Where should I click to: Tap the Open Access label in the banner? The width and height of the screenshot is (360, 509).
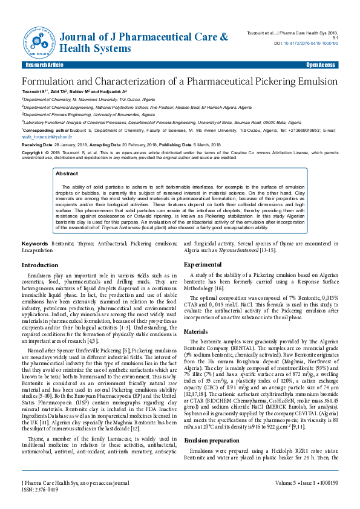tap(321, 65)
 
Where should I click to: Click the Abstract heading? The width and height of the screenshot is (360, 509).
tap(67, 173)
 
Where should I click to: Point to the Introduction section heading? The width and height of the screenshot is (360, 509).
tap(40, 265)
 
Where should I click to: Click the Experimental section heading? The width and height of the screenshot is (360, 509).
tap(203, 265)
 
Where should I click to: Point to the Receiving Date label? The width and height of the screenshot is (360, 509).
tap(37, 146)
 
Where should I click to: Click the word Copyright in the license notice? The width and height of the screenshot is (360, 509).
tap(34, 154)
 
